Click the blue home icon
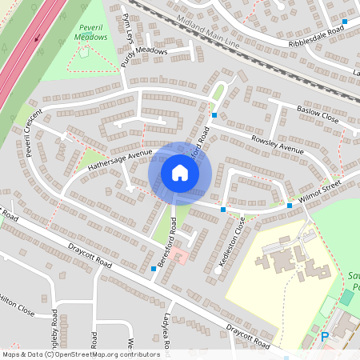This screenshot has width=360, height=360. coord(180,173)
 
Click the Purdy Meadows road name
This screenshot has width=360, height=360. coord(145,51)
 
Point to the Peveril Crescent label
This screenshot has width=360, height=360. coord(33,134)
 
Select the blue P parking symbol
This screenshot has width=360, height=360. coord(324,338)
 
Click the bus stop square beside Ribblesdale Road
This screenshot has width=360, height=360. coord(344,22)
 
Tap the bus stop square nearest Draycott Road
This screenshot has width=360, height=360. coord(154,269)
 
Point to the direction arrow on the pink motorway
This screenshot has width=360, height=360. coord(36,35)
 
